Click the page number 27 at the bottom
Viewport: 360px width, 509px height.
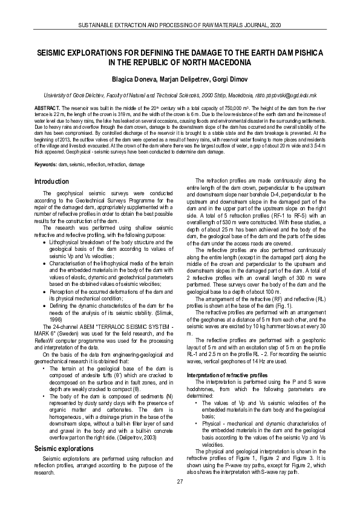point(180,481)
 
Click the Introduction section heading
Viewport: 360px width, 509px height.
point(52,181)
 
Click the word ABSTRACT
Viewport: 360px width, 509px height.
point(45,114)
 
